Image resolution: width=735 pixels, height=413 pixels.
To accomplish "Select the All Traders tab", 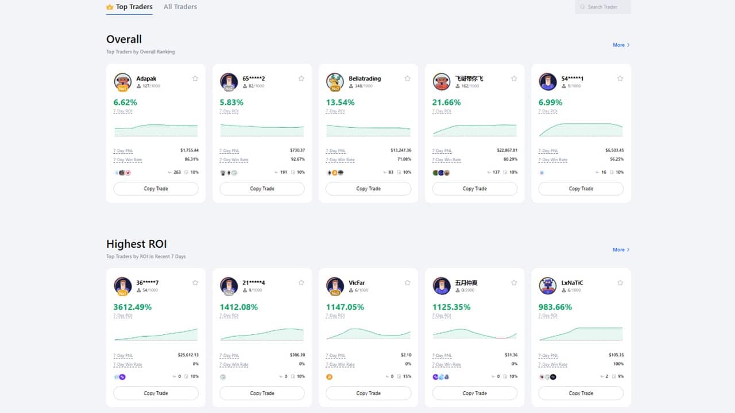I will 180,7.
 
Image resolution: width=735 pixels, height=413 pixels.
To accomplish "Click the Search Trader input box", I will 603,7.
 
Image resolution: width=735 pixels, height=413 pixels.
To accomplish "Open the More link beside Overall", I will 621,45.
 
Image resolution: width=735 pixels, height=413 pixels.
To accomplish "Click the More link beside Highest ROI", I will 621,250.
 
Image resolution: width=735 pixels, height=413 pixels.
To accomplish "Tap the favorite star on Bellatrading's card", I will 407,79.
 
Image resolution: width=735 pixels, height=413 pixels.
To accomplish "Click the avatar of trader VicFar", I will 335,286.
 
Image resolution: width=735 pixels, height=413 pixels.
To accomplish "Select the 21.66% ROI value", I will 447,103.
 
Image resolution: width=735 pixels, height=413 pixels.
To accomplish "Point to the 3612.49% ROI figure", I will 133,307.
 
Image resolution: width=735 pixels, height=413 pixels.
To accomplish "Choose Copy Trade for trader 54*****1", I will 581,189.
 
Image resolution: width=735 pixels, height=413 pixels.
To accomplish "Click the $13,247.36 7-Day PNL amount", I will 401,150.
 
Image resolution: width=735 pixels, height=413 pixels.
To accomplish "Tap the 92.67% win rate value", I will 297,159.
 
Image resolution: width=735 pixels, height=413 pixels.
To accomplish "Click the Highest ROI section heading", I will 136,244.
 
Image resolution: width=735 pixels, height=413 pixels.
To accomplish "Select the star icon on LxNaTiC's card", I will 620,283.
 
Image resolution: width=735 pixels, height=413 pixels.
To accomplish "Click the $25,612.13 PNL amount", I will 188,355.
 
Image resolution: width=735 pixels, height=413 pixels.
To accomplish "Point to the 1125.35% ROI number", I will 451,307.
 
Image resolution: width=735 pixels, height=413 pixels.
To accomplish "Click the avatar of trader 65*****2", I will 229,81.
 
